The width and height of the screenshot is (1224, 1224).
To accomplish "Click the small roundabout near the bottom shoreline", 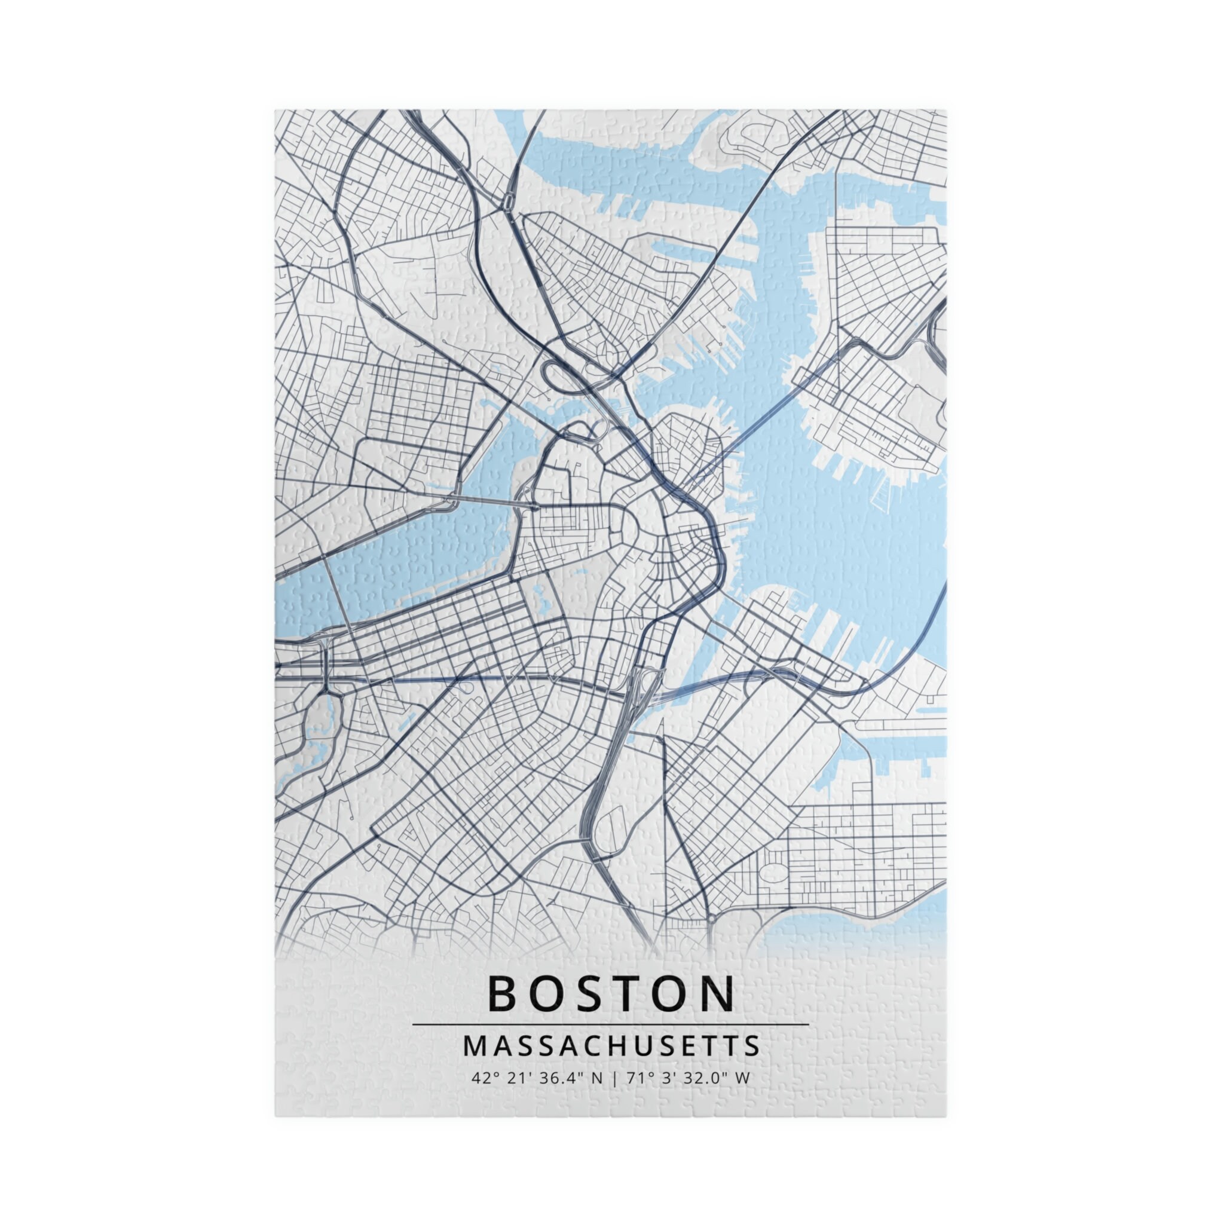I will click(x=711, y=918).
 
